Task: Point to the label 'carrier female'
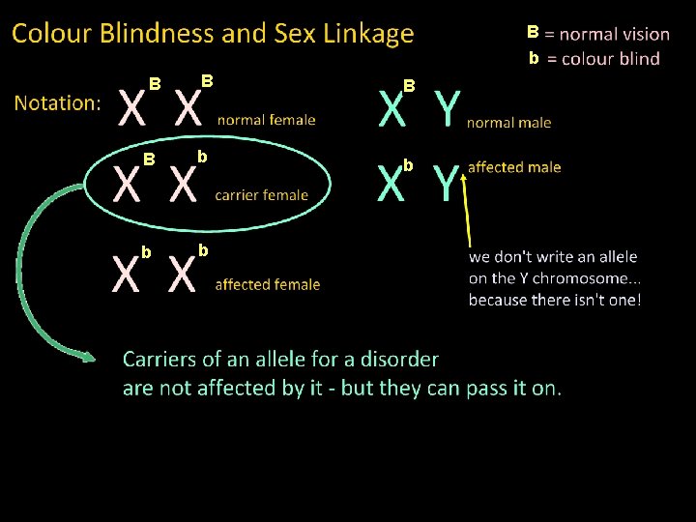pyautogui.click(x=261, y=194)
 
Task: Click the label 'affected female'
pyautogui.click(x=268, y=284)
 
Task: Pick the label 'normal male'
pyautogui.click(x=508, y=122)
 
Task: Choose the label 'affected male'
pyautogui.click(x=514, y=167)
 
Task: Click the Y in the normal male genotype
pyautogui.click(x=447, y=109)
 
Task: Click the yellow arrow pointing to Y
pyautogui.click(x=469, y=208)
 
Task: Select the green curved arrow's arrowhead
pyautogui.click(x=88, y=359)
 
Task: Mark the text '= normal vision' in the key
pyautogui.click(x=607, y=34)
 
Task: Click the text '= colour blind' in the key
pyautogui.click(x=603, y=59)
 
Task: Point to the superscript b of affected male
pyautogui.click(x=409, y=165)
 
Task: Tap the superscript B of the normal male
pyautogui.click(x=409, y=86)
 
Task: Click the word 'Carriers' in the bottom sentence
pyautogui.click(x=159, y=360)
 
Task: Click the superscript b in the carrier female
pyautogui.click(x=202, y=156)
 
